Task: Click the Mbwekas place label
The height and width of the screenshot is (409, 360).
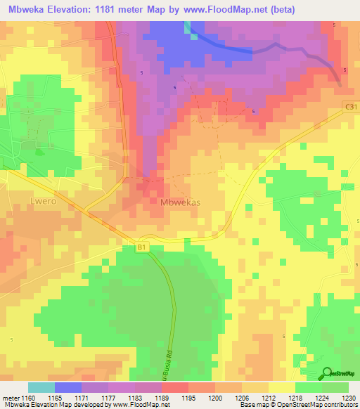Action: (x=181, y=202)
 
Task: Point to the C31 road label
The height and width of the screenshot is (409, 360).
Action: (x=351, y=105)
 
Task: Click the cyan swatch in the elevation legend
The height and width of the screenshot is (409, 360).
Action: (x=41, y=387)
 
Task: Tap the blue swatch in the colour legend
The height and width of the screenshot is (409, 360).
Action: (x=68, y=387)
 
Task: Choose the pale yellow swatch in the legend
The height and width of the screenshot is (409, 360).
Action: (x=282, y=387)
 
